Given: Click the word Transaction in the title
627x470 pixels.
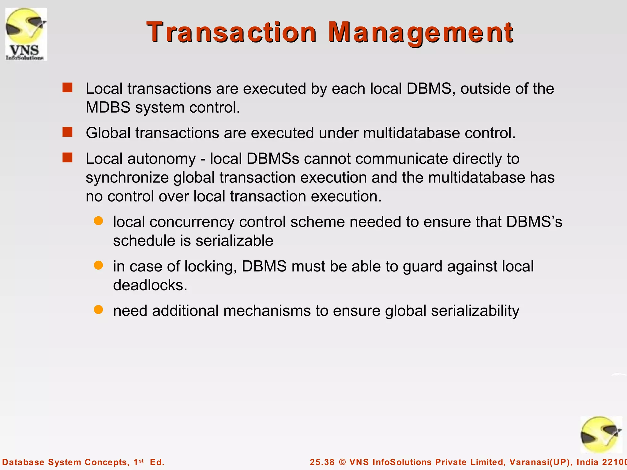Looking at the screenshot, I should click(231, 32).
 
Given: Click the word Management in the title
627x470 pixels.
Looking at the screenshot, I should click(421, 32).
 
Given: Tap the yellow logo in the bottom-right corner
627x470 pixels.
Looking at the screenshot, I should click(601, 435).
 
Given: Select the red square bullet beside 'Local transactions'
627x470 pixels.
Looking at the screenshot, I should click(67, 88).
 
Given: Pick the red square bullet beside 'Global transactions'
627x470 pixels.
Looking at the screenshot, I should click(67, 132).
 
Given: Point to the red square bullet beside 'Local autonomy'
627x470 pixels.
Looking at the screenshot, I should click(67, 158).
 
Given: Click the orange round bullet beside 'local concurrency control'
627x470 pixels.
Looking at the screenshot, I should click(98, 221).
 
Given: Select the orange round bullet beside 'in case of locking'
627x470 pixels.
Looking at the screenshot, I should click(98, 265).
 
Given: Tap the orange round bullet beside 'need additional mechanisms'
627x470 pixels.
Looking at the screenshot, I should click(98, 310).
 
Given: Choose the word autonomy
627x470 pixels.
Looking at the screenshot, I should click(161, 159).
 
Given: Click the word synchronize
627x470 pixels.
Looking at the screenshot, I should click(127, 178).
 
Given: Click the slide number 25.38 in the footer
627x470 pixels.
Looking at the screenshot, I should click(322, 462).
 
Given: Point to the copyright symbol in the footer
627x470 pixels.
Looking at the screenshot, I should click(342, 462).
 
